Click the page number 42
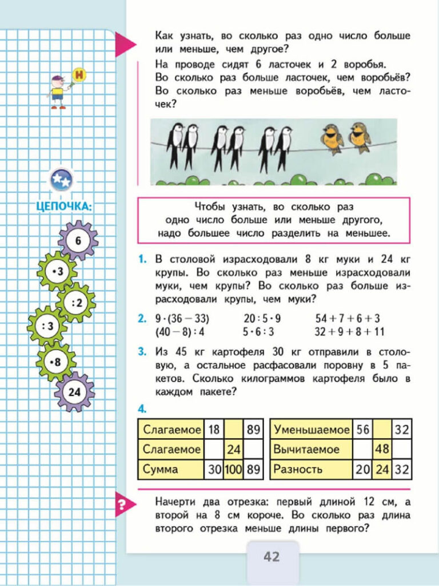(272, 556)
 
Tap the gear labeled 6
(78, 240)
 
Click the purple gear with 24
(74, 392)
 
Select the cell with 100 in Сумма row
(234, 469)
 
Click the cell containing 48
(382, 449)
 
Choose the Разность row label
(297, 469)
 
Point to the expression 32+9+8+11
(350, 331)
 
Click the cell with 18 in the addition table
(214, 429)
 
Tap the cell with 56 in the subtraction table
(362, 429)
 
